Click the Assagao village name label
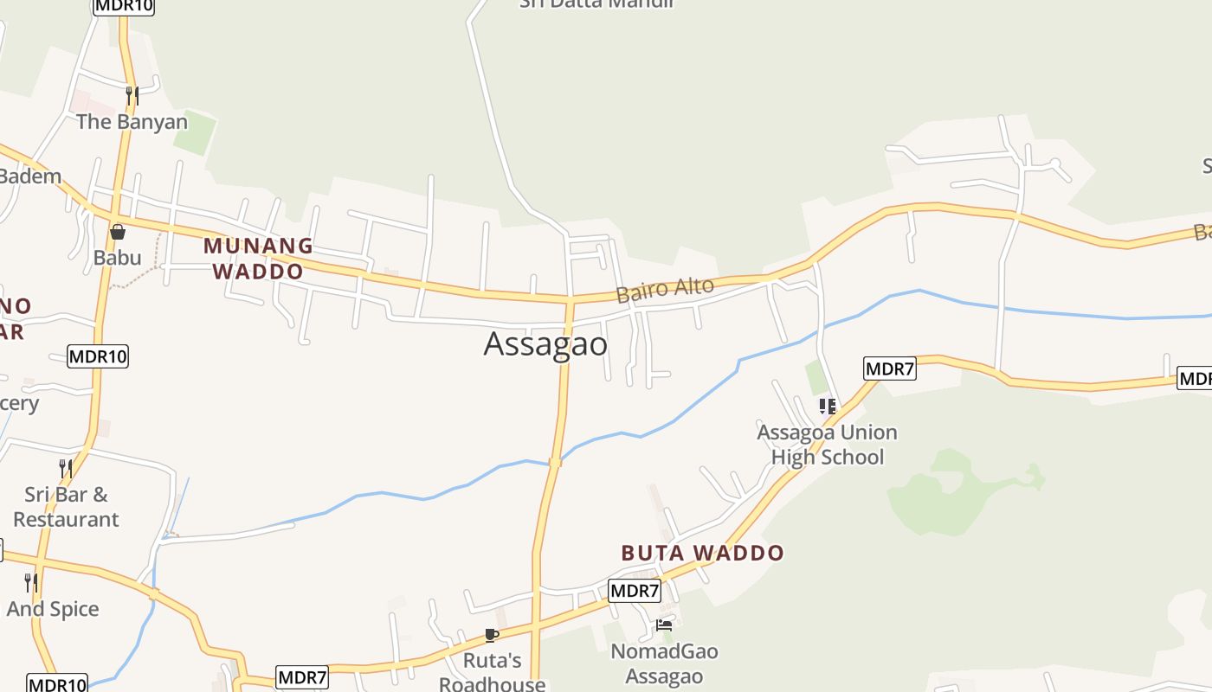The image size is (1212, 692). pyautogui.click(x=545, y=344)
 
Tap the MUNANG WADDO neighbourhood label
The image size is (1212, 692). pyautogui.click(x=258, y=258)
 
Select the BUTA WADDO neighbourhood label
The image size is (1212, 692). pyautogui.click(x=702, y=553)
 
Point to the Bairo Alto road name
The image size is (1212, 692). pyautogui.click(x=665, y=289)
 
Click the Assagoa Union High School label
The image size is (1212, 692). pyautogui.click(x=827, y=445)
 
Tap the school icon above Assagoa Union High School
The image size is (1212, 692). pyautogui.click(x=827, y=406)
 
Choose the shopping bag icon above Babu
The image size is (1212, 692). pyautogui.click(x=118, y=232)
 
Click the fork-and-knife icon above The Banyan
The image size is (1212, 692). pyautogui.click(x=132, y=95)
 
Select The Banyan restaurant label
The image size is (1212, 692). pyautogui.click(x=132, y=122)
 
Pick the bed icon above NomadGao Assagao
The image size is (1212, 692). pyautogui.click(x=664, y=625)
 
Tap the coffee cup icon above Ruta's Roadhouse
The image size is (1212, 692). pyautogui.click(x=492, y=636)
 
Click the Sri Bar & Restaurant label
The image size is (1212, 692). pyautogui.click(x=66, y=507)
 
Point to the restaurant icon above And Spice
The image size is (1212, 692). pyautogui.click(x=31, y=582)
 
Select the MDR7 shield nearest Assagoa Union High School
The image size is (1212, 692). pyautogui.click(x=890, y=369)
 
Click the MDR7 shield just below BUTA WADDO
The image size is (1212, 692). pyautogui.click(x=635, y=592)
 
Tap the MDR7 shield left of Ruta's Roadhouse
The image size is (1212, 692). pyautogui.click(x=302, y=677)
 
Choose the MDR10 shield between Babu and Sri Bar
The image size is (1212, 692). pyautogui.click(x=98, y=356)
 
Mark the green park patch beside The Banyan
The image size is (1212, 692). pyautogui.click(x=195, y=131)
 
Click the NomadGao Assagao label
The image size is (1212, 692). pyautogui.click(x=664, y=663)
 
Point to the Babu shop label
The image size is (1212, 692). pyautogui.click(x=117, y=257)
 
